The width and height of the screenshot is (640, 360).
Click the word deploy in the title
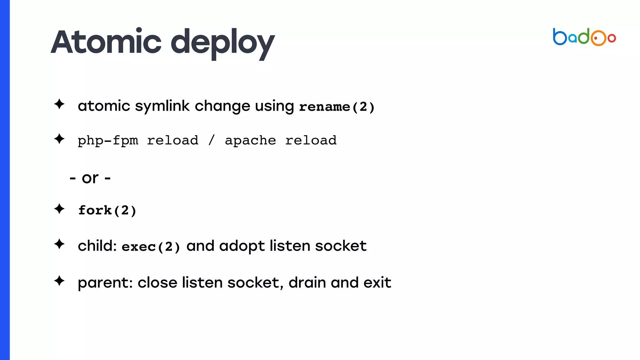223,43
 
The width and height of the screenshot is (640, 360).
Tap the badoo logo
584,37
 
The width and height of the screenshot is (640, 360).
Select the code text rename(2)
337,107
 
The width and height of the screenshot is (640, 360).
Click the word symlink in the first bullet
162,106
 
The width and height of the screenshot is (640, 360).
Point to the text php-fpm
108,141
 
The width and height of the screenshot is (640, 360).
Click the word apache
250,141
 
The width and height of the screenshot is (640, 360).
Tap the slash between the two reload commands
212,140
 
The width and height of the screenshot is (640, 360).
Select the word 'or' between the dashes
90,178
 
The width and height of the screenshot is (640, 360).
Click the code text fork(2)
107,210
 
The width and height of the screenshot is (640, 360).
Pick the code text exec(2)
151,247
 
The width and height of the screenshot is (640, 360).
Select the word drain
307,282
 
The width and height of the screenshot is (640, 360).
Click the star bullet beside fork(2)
59,209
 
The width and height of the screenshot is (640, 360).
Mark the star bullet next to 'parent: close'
59,281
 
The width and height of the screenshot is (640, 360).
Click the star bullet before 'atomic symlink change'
59,104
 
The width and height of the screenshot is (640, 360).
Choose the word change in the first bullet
222,106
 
